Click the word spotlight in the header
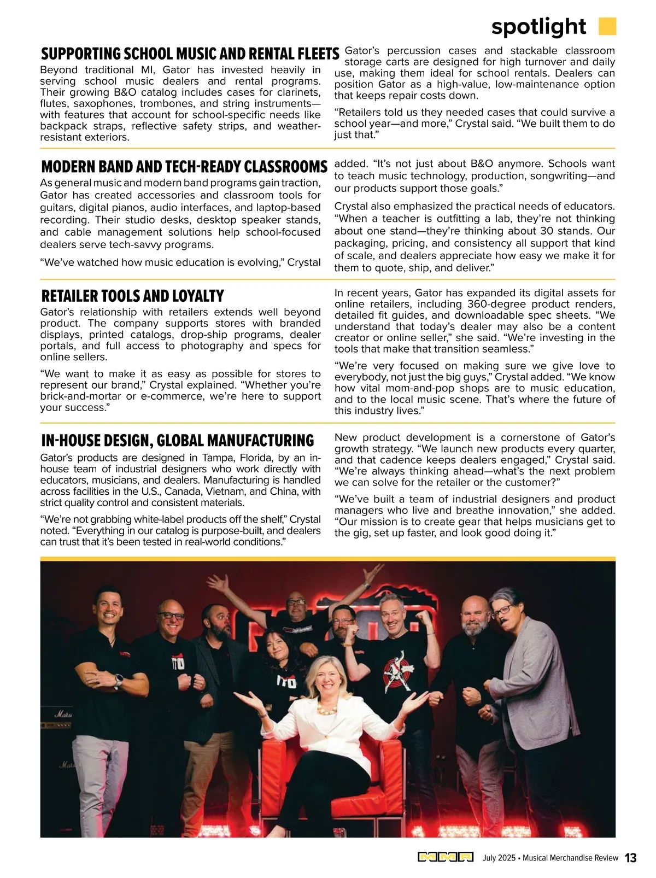click(x=538, y=26)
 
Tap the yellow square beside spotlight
click(x=607, y=26)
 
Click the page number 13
click(x=630, y=858)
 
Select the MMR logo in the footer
click(x=446, y=857)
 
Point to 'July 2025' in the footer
click(x=499, y=858)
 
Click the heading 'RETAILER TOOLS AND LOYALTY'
click(x=132, y=296)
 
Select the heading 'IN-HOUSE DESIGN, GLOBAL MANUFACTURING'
click(x=178, y=441)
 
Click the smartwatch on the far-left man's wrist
click(x=118, y=681)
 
